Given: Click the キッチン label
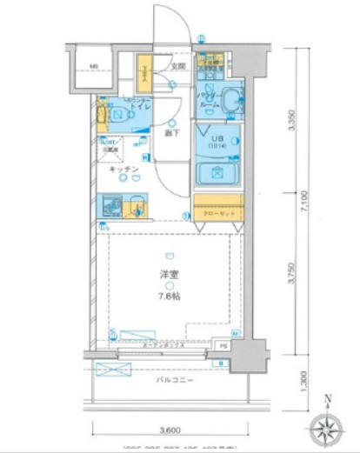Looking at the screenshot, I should click(x=123, y=170).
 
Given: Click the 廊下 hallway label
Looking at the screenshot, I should click(x=171, y=135).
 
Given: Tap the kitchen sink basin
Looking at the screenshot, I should click(x=137, y=208).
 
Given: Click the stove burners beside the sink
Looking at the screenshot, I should click(x=111, y=208).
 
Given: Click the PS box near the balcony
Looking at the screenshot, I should click(x=223, y=345).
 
